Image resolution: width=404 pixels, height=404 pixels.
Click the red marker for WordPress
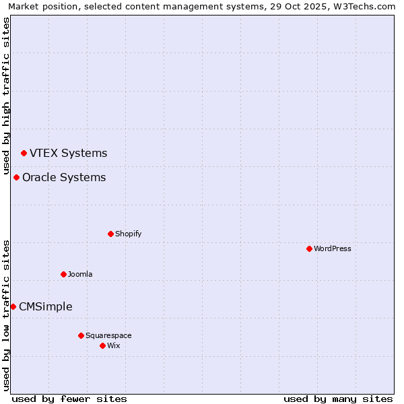point(309,248)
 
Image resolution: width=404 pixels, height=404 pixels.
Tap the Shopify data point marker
point(110,234)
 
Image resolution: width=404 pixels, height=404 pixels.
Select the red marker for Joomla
point(63,274)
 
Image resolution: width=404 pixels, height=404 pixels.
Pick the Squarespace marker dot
point(81,335)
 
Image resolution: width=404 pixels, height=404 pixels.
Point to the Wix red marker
point(102,345)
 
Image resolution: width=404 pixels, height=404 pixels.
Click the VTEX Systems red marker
point(24,153)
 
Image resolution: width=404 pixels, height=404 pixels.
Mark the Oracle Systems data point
point(16,177)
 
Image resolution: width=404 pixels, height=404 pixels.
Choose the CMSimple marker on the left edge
point(13,306)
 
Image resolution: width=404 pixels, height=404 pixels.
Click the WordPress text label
point(333,248)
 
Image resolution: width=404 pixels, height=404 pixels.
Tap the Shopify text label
point(129,234)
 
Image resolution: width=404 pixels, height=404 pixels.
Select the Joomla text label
point(80,274)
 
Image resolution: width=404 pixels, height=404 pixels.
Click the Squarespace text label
point(108,335)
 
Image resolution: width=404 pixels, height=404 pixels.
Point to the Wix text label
point(113,345)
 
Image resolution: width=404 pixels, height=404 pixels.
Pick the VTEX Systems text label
point(68,153)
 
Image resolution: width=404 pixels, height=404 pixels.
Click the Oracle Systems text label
point(64,177)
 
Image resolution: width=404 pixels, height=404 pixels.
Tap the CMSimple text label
point(45,306)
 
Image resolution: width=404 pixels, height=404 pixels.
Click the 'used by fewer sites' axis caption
point(69,399)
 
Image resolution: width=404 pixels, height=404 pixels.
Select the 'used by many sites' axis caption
point(338,399)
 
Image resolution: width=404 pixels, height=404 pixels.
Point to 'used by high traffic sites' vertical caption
point(7,94)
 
